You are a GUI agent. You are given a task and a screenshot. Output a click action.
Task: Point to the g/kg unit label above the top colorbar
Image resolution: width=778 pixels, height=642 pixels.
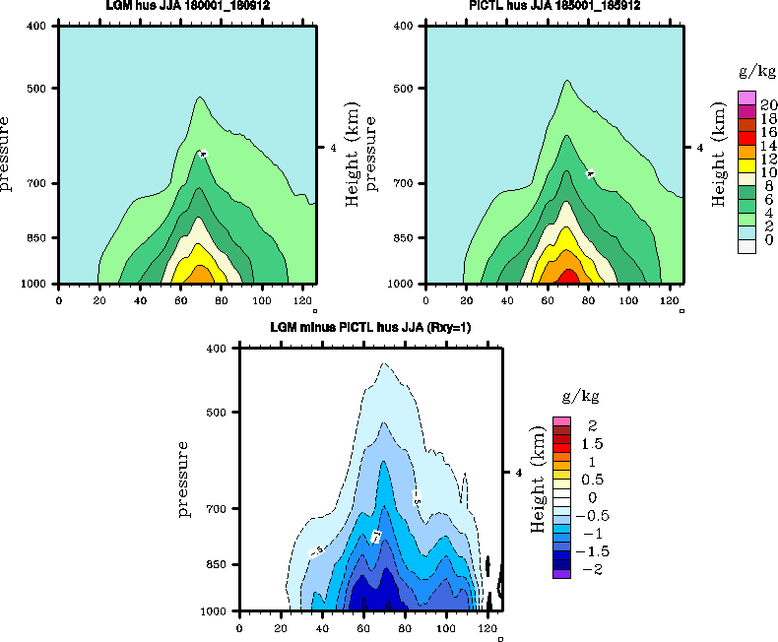753,71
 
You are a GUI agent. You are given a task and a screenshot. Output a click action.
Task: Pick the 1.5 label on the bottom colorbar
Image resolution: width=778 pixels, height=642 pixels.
591,444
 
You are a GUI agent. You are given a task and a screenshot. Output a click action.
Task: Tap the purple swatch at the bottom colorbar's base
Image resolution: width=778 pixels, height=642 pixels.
561,572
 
